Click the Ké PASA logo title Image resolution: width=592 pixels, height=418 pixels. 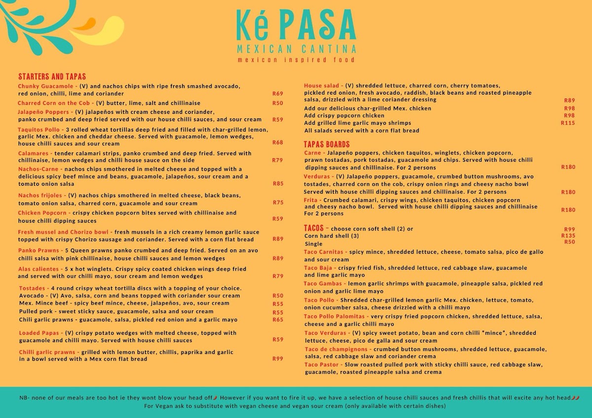pos(296,26)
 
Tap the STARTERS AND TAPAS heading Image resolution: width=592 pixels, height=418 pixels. pos(52,76)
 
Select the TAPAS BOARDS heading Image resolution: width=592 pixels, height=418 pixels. pos(327,144)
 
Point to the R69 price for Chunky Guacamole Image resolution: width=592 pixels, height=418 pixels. pos(278,94)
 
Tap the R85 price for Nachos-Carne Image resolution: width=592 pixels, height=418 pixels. pos(278,183)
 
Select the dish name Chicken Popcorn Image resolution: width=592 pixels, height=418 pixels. pos(42,213)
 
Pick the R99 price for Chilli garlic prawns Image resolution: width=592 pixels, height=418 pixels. pos(278,359)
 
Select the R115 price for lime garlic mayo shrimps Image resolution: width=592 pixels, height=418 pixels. pos(568,123)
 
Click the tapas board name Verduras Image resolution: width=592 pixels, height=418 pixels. pos(316,176)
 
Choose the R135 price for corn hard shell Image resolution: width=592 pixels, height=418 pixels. pos(568,236)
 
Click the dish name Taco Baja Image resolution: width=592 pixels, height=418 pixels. pos(319,268)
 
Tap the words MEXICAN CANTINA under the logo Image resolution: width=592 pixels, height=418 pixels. pos(296,49)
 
